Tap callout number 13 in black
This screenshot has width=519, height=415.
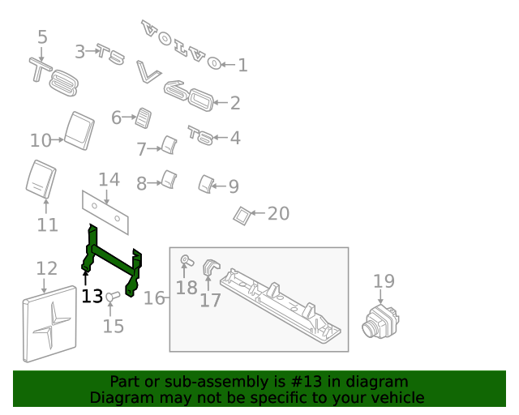click(92, 297)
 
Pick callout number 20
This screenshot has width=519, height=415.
click(278, 214)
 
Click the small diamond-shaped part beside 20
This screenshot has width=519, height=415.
click(241, 215)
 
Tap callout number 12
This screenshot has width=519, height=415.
click(47, 268)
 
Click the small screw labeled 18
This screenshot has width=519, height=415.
click(185, 260)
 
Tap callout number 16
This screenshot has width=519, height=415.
click(154, 298)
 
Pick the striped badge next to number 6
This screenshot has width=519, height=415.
click(144, 118)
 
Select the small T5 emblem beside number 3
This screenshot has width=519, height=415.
click(110, 54)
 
